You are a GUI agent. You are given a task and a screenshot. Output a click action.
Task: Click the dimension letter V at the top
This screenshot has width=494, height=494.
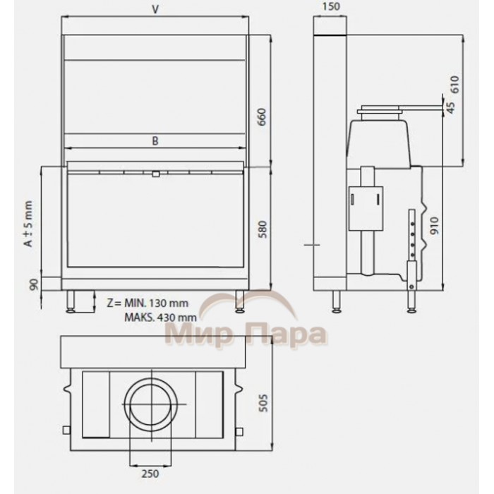pyautogui.click(x=155, y=9)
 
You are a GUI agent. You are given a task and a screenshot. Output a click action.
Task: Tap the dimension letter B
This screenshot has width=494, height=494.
pyautogui.click(x=155, y=141)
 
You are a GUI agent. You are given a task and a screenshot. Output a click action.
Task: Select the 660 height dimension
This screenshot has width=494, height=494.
pyautogui.click(x=262, y=117)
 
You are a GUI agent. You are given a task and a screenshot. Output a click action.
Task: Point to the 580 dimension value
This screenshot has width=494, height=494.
pyautogui.click(x=262, y=229)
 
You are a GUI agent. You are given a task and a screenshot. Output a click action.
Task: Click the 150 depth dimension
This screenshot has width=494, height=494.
pyautogui.click(x=331, y=6)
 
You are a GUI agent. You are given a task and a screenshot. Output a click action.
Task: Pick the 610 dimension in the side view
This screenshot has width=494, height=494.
pyautogui.click(x=455, y=84)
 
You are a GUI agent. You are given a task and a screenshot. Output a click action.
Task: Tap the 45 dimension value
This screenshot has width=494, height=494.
pyautogui.click(x=451, y=108)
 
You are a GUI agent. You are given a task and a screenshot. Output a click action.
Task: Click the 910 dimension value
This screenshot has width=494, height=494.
pyautogui.click(x=435, y=226)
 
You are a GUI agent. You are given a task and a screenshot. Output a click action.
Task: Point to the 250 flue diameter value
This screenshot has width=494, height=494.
pyautogui.click(x=150, y=474)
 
